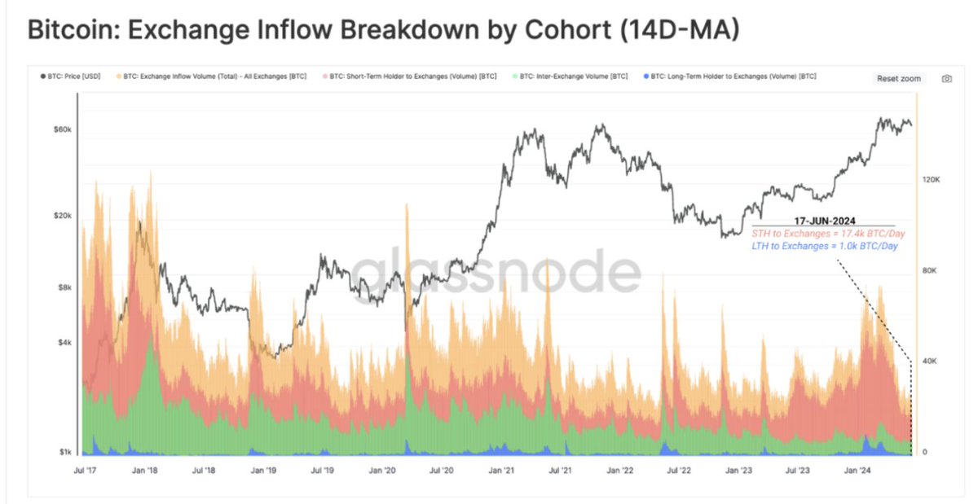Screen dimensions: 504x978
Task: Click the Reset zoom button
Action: point(899,78)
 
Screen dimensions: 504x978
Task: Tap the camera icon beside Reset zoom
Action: point(946,78)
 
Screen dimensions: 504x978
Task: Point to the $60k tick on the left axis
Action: point(63,129)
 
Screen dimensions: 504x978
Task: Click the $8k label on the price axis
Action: point(64,287)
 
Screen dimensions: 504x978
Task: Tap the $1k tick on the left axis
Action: point(64,452)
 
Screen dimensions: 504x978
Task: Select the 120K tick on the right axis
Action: point(932,180)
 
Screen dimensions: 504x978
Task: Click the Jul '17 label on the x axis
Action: point(86,471)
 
